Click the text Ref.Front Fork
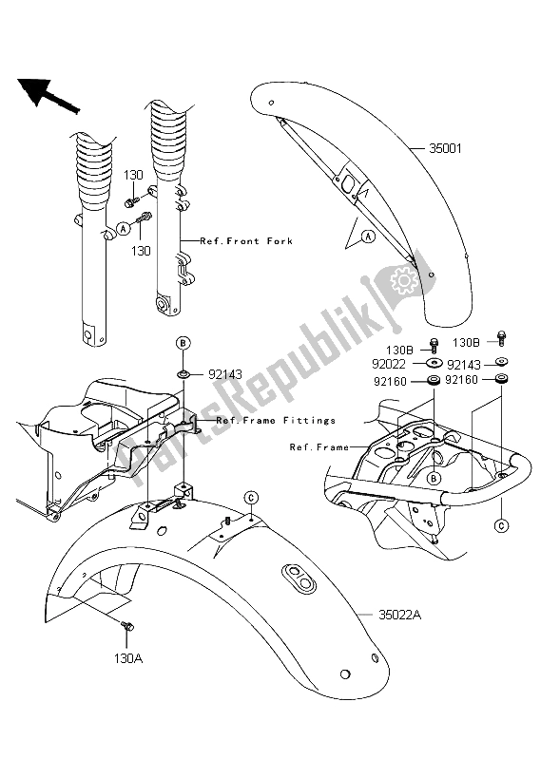point(246,241)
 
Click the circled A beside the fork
point(124,229)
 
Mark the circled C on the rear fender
point(251,498)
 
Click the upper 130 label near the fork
point(133,176)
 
